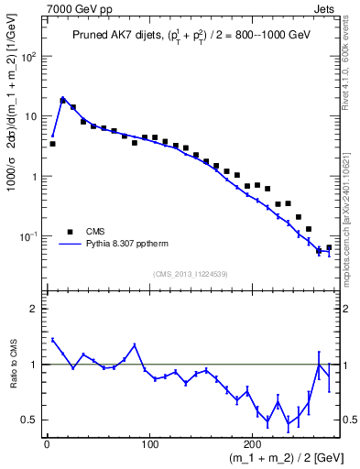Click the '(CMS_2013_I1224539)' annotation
(x=190, y=273)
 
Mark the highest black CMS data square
(x=62, y=100)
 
